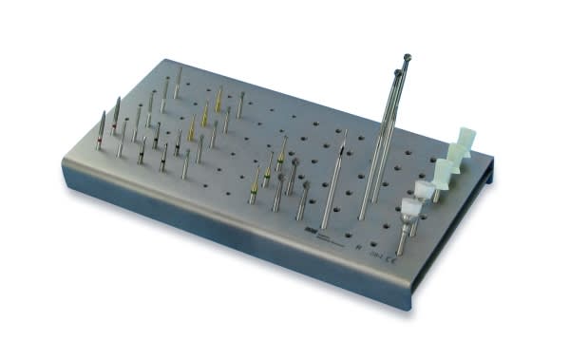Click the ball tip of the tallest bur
[x=408, y=57]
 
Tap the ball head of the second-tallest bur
[x=397, y=72]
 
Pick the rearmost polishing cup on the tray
[x=464, y=139]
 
